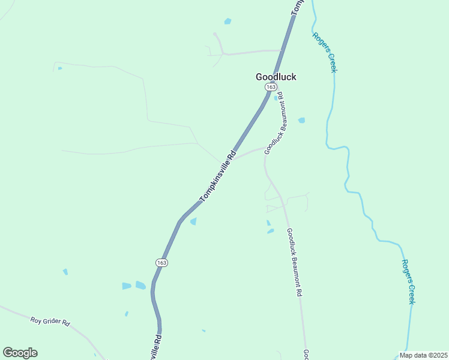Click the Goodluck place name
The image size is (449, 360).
[x=276, y=77]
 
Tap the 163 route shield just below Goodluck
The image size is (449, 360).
[x=271, y=88]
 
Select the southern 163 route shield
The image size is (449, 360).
[x=161, y=263]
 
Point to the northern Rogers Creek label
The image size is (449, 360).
[x=324, y=52]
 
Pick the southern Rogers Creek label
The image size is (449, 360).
[x=408, y=281]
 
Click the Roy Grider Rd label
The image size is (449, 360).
[x=50, y=322]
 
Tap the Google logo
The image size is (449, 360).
[x=20, y=353]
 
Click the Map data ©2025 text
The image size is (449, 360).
[x=424, y=355]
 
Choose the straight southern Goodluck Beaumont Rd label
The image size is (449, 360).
[x=294, y=262]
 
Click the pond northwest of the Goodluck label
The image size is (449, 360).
[x=228, y=22]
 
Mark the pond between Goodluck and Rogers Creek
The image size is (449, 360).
[x=301, y=120]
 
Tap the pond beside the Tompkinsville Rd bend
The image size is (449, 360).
[x=193, y=221]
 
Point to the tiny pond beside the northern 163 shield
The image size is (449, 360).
[x=276, y=98]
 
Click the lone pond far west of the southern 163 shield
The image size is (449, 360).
[x=65, y=272]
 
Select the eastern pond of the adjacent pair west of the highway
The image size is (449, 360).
[x=140, y=285]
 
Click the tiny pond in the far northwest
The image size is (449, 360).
[x=59, y=68]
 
